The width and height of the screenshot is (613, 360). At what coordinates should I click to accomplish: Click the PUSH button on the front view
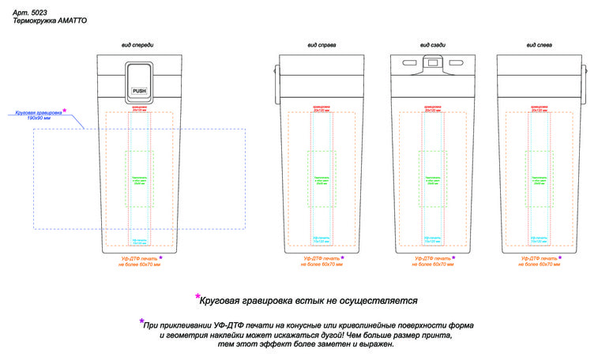(139, 92)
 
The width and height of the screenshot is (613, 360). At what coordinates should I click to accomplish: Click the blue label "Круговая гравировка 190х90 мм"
(38, 115)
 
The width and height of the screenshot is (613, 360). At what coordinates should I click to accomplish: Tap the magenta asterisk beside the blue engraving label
(65, 111)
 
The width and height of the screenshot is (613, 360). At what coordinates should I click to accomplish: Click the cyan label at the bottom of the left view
(538, 239)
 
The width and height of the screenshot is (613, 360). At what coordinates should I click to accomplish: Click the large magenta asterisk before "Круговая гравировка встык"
(197, 298)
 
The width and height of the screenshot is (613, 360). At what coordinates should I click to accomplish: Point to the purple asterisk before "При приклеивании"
(141, 322)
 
